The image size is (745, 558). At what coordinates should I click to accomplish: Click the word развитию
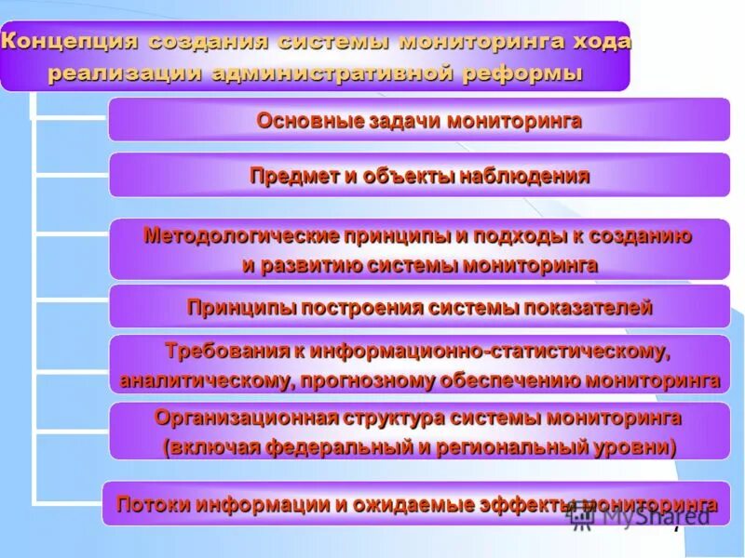point(315,265)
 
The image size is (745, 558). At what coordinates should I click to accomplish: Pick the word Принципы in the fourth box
point(233,308)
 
